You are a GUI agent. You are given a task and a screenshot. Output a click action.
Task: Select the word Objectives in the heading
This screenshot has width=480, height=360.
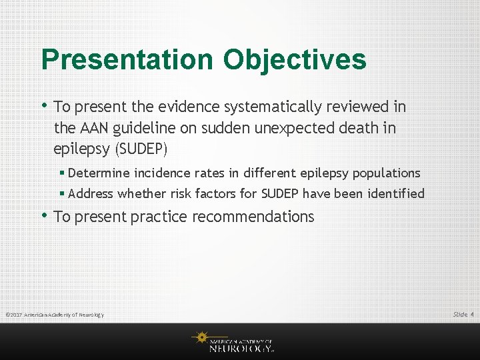[295, 59]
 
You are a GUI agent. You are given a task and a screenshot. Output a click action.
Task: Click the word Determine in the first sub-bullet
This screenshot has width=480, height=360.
[99, 173]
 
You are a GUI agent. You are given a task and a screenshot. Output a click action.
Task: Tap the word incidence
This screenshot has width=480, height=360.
[163, 173]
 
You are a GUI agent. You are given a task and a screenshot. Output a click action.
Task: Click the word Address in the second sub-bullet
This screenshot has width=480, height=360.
[91, 194]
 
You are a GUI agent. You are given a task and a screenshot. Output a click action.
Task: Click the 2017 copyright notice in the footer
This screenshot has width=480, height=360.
[55, 315]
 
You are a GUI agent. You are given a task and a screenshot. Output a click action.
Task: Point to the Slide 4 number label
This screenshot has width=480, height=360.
[463, 314]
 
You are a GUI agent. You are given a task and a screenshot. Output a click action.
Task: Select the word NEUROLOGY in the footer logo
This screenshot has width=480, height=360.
[240, 347]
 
